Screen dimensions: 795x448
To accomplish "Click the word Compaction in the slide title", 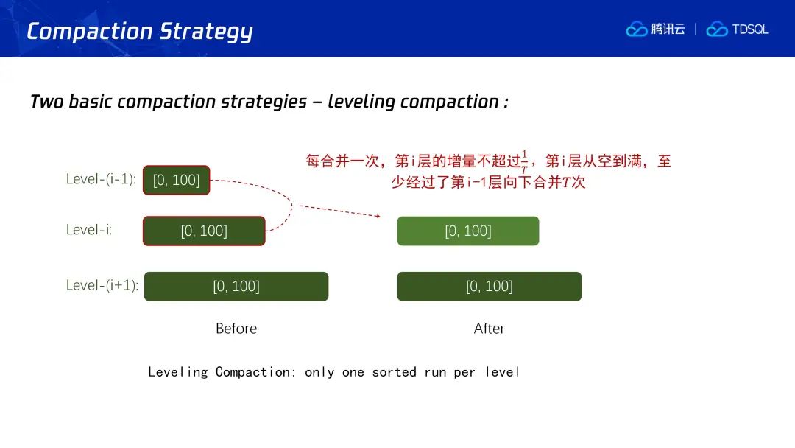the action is [89, 32].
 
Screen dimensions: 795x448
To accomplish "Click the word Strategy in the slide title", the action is [206, 32].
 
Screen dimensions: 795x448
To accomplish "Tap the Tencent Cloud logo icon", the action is [636, 29].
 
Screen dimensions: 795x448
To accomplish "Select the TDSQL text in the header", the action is [750, 29].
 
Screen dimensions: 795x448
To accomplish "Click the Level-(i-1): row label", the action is [101, 179].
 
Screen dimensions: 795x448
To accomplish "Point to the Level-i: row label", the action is [89, 230].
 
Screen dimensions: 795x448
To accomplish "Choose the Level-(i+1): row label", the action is [102, 285].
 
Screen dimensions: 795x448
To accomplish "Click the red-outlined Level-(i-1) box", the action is [177, 180].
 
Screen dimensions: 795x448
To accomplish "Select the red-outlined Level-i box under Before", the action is [204, 231].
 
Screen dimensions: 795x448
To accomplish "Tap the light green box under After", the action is [468, 231].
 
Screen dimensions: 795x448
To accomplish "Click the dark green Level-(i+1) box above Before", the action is [236, 286].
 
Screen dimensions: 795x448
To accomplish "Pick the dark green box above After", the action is [490, 286].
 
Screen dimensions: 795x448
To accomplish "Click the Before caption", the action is [236, 329].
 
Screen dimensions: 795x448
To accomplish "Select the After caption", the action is [490, 329].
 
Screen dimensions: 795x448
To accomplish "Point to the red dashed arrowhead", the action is [378, 216].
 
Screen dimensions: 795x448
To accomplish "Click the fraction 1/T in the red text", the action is [524, 162].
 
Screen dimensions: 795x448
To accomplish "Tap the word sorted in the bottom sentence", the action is [394, 372].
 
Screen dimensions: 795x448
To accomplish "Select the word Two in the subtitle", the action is [46, 102].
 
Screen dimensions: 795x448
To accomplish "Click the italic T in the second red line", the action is [567, 182].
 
